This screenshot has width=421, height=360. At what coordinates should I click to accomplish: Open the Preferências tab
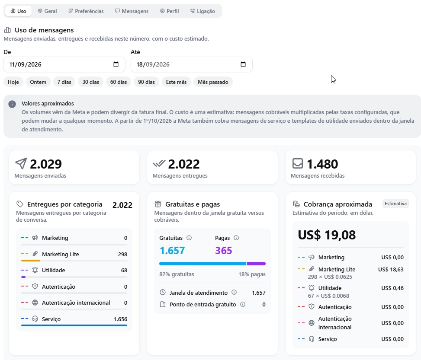(86, 11)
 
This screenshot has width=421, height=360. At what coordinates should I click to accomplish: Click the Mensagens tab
(132, 11)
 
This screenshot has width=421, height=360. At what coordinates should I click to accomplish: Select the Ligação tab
(203, 11)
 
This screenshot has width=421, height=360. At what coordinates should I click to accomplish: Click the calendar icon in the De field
(116, 64)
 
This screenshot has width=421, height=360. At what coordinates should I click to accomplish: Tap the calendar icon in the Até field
(243, 64)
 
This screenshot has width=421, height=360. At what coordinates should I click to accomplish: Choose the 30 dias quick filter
(91, 82)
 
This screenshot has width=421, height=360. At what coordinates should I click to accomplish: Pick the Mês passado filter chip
(213, 82)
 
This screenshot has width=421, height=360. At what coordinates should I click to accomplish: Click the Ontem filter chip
(38, 82)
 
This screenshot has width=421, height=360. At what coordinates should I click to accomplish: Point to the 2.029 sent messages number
(46, 164)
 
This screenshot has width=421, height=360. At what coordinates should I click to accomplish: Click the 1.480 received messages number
(322, 164)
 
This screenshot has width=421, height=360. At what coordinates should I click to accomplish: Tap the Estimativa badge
(395, 204)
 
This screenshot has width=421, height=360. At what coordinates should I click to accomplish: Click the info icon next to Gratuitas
(189, 238)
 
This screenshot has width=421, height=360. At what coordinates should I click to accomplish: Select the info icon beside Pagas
(236, 238)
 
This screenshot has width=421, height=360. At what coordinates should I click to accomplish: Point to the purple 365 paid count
(223, 251)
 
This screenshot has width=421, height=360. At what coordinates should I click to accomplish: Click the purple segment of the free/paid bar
(256, 264)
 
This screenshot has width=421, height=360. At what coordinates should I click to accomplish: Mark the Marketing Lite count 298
(122, 254)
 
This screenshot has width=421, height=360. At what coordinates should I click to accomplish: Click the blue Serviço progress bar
(74, 325)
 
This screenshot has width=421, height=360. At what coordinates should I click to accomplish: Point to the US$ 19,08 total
(327, 235)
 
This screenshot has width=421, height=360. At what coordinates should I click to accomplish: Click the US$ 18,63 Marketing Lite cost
(391, 269)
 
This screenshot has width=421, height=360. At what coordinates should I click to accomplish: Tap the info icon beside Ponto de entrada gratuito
(243, 305)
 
